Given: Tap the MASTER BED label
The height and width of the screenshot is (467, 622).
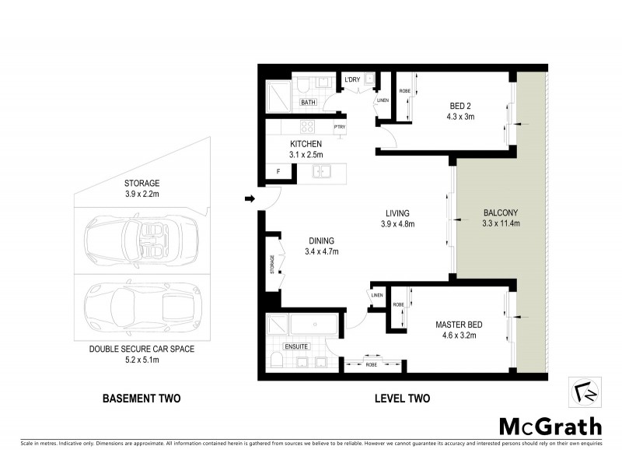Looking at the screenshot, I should click(x=456, y=325).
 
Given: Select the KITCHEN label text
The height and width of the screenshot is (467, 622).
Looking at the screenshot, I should click(x=306, y=144).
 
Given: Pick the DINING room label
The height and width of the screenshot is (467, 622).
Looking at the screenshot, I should click(x=320, y=241).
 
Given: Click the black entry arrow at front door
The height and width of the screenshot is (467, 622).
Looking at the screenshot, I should click(x=250, y=199).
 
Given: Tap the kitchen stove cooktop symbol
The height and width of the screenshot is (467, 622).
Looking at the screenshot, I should click(x=307, y=127).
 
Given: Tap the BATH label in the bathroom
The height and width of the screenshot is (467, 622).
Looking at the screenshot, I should click(x=308, y=102).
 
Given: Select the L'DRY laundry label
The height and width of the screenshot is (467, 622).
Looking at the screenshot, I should click(x=352, y=79).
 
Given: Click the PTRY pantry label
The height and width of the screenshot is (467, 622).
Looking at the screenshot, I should click(x=339, y=127).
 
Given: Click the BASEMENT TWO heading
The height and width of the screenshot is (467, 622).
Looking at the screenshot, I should click(x=142, y=399).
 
